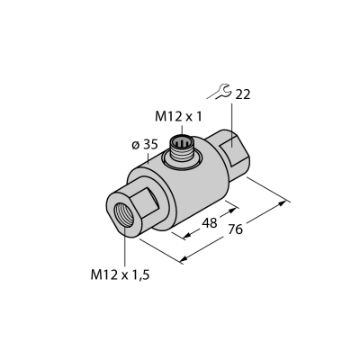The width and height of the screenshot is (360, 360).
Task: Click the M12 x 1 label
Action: tap(178, 117)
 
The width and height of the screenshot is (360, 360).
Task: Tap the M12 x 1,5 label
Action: tap(120, 274)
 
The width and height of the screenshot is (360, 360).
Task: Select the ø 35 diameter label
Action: tap(145, 145)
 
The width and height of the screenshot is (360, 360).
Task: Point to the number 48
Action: tap(210, 223)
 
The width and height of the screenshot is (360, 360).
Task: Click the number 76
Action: tap(235, 229)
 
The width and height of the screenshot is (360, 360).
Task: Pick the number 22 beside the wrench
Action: tap(242, 94)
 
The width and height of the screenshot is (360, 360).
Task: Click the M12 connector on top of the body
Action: tap(182, 148)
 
